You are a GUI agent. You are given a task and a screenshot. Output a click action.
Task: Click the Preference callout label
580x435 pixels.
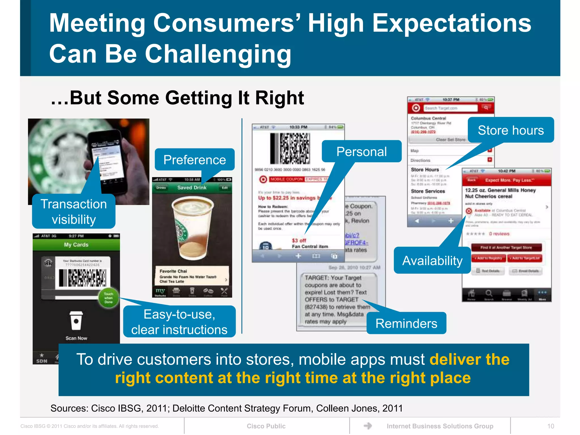(195, 160)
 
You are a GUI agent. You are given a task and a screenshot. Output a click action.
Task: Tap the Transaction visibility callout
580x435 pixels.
(74, 211)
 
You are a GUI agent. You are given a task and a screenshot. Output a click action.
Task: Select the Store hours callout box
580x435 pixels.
(511, 130)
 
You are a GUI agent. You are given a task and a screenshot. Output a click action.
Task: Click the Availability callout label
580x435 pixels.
(432, 260)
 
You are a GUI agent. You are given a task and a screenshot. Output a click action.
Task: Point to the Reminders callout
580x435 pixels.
(406, 323)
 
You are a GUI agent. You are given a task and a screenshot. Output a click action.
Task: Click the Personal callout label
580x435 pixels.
(361, 152)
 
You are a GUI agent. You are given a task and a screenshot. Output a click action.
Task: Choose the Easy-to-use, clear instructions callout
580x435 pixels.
(179, 322)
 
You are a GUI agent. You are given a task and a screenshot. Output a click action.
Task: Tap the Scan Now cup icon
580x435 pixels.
(76, 321)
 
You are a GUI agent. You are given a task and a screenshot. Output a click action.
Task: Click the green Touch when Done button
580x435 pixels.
(108, 298)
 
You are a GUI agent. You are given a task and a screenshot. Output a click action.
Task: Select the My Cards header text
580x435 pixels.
(76, 245)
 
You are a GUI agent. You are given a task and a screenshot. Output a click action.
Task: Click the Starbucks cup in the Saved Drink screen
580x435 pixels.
(193, 227)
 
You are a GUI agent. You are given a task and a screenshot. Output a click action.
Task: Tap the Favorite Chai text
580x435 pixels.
(173, 271)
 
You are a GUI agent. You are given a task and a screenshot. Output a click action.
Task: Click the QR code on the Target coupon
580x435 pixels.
(295, 148)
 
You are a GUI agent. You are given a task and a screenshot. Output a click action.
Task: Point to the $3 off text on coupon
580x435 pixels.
(299, 240)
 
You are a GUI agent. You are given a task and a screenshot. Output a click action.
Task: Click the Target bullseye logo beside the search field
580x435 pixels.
(416, 108)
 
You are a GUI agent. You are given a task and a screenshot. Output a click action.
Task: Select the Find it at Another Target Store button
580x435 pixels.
(506, 248)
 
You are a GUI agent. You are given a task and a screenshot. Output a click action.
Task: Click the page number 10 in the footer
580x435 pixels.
(550, 426)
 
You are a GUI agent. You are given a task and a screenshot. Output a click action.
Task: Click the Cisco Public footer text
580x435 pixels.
(266, 426)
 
